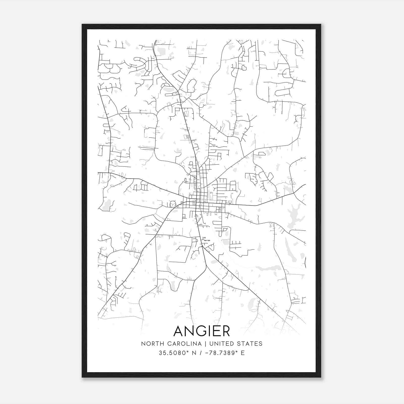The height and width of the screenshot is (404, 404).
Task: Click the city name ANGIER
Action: tap(202, 331)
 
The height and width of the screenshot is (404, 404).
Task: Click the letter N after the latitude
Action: tap(194, 353)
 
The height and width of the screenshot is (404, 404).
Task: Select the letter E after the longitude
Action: tap(243, 353)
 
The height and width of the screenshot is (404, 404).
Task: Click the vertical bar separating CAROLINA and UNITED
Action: tap(206, 344)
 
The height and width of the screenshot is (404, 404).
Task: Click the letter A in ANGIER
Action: tap(179, 331)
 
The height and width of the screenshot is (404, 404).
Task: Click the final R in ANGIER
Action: tap(225, 331)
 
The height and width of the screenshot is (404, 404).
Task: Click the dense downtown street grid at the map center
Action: tap(198, 202)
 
